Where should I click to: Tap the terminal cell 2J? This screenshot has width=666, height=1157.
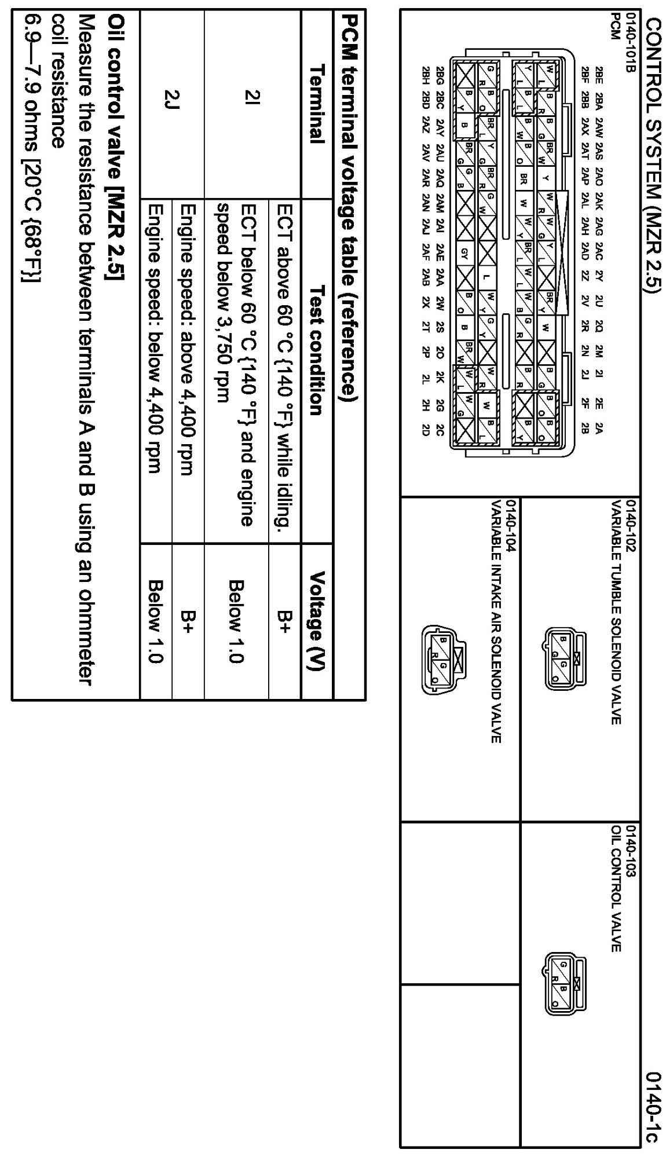tap(173, 104)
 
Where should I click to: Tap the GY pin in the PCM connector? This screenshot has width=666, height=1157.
tap(464, 252)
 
